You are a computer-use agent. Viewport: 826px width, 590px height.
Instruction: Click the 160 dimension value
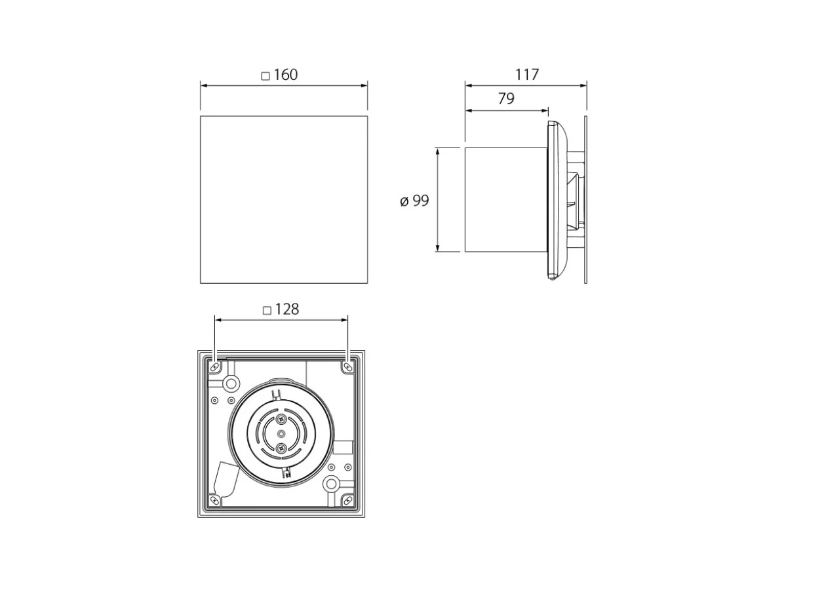click(x=286, y=75)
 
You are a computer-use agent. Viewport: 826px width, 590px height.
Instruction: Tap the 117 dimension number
click(x=527, y=75)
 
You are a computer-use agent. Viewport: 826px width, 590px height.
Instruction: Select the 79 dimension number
click(x=506, y=98)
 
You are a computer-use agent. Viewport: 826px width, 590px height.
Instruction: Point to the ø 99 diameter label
click(x=414, y=201)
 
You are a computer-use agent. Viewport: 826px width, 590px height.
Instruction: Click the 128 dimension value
click(x=287, y=309)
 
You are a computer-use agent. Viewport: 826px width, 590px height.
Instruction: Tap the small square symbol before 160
click(x=265, y=76)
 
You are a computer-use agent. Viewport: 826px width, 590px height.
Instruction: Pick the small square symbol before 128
click(x=267, y=311)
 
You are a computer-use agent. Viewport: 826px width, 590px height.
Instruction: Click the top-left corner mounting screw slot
click(x=215, y=366)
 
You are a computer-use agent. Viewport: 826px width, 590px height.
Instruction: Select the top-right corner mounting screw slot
click(x=347, y=366)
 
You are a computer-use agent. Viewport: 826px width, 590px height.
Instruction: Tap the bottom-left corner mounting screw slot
click(x=215, y=500)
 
